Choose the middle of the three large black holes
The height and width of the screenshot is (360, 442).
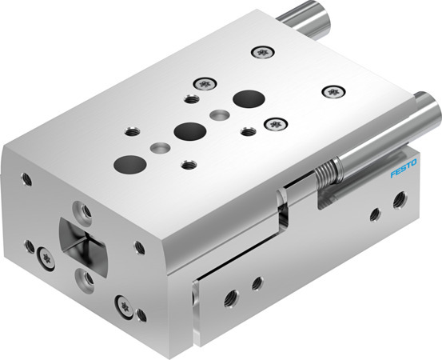click(189, 130)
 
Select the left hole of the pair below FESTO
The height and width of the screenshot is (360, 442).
click(374, 214)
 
